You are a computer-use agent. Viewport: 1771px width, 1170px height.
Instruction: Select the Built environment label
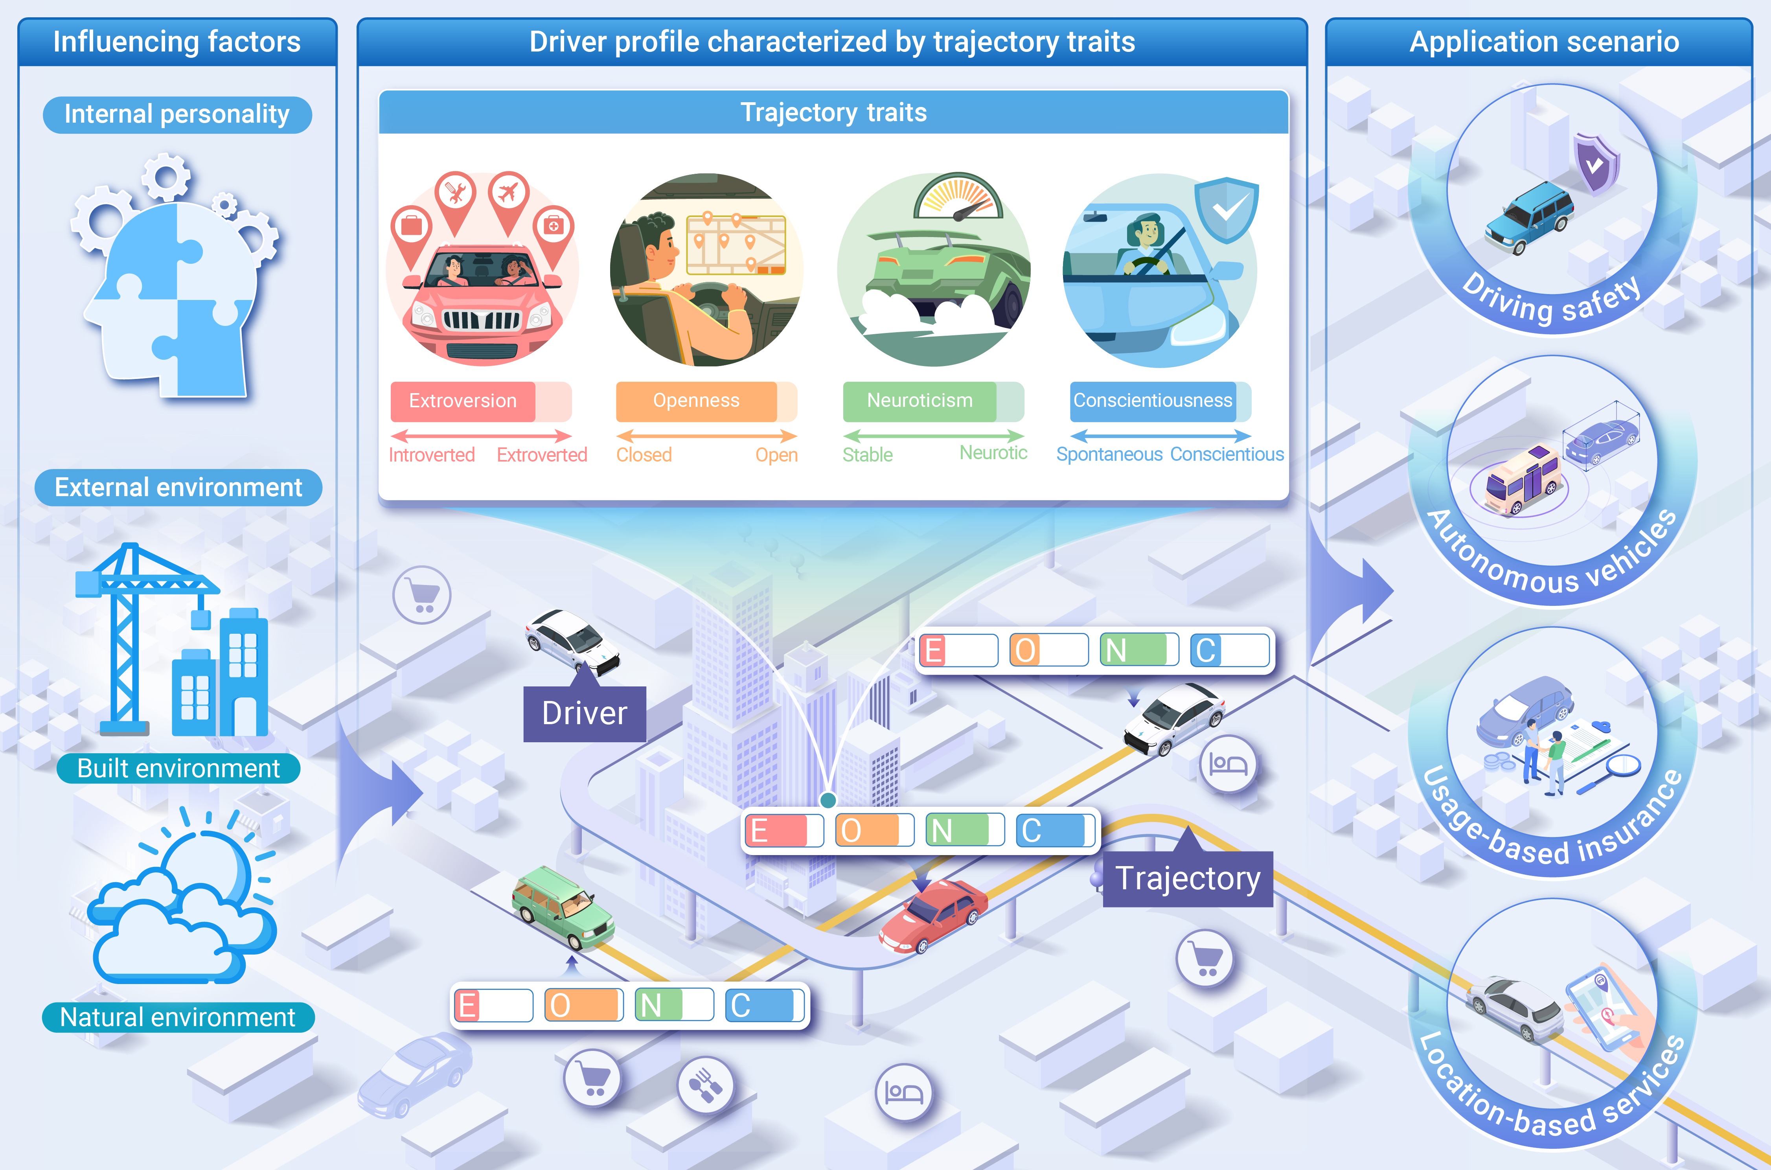pos(178,769)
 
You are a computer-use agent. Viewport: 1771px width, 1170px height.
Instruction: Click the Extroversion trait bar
pos(480,401)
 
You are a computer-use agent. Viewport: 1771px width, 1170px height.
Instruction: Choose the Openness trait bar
pos(706,401)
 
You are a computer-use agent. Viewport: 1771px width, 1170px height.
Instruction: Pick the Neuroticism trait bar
pos(932,401)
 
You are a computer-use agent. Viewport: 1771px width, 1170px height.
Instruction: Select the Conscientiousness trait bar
pos(1159,401)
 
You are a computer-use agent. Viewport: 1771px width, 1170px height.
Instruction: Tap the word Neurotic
pos(993,453)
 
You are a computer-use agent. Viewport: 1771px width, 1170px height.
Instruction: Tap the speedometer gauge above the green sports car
pos(958,198)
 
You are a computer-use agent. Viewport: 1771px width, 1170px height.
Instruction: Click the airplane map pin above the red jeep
pos(509,193)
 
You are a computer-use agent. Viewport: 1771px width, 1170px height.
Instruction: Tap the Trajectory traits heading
pos(833,113)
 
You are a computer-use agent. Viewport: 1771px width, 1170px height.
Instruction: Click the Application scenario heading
pos(1543,42)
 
